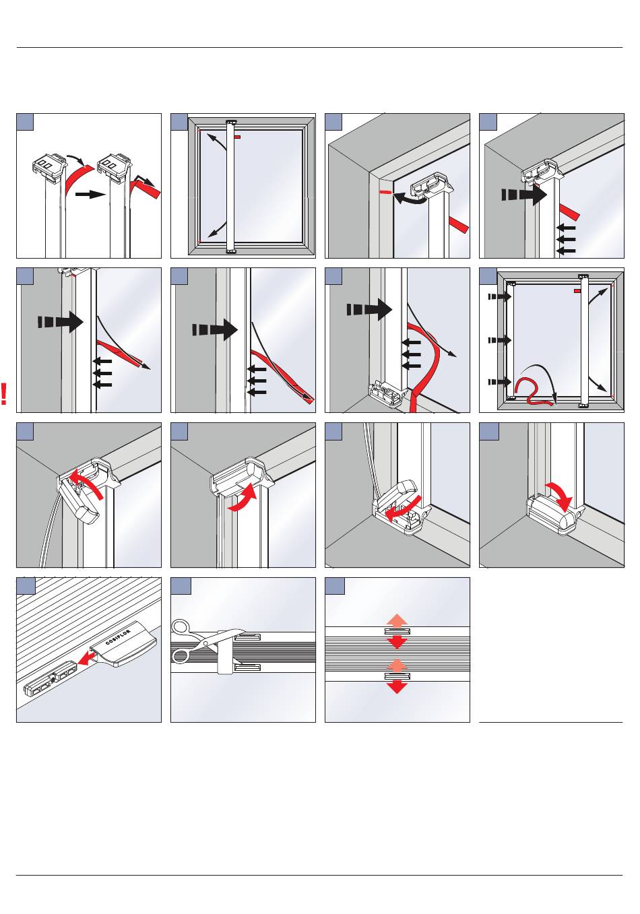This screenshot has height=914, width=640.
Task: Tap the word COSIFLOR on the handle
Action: click(x=122, y=641)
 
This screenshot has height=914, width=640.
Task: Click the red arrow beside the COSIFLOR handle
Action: click(x=87, y=657)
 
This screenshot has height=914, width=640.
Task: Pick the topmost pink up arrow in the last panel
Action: click(x=397, y=620)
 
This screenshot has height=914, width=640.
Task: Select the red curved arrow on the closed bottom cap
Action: click(x=558, y=495)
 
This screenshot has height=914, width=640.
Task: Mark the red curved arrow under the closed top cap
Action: click(x=243, y=498)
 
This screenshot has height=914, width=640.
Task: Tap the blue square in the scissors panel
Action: click(x=180, y=586)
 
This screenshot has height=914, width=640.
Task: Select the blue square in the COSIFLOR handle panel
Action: click(x=26, y=586)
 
